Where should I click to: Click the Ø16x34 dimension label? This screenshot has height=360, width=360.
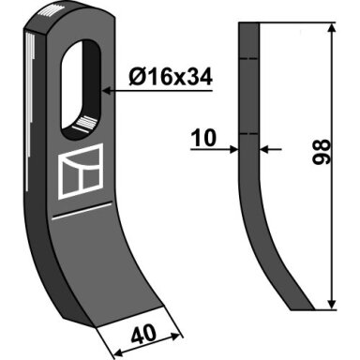[x=171, y=77]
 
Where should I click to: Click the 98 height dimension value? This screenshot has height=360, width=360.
[x=322, y=152]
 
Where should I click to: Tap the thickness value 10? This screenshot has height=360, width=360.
[x=203, y=138]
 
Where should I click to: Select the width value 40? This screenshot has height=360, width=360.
[x=143, y=333]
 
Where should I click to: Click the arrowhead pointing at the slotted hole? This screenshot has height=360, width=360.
[x=107, y=91]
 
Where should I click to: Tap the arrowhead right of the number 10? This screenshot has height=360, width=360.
[x=233, y=149]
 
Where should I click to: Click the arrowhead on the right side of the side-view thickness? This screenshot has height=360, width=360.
[x=264, y=149]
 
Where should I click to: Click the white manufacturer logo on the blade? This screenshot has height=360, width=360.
[x=81, y=172]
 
